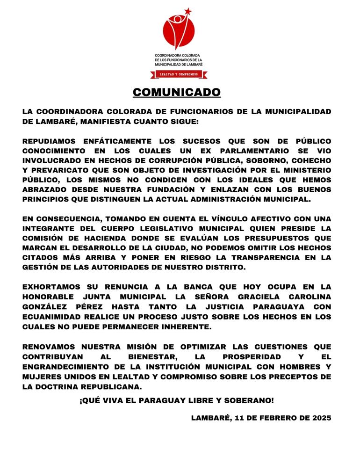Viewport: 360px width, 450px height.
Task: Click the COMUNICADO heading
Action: coord(177,92)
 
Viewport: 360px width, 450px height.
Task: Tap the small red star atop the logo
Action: coord(187,11)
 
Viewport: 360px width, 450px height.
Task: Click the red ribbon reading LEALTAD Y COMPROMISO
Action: coord(179,74)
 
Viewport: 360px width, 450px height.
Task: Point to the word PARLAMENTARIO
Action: coord(245,151)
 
